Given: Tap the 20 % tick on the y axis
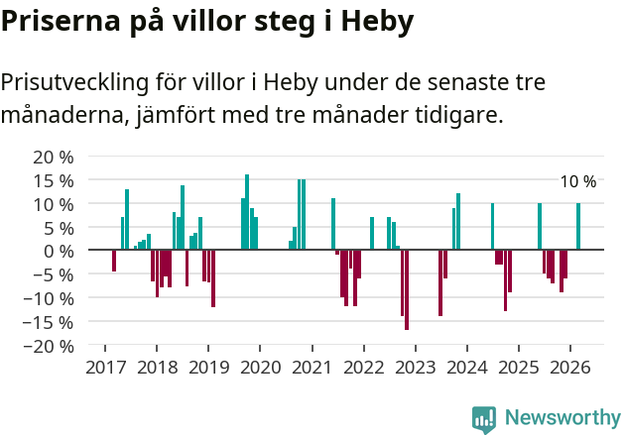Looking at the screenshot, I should coord(54,158).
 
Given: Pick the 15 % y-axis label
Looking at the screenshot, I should coord(54,181).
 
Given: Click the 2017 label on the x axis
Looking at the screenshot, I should coord(104,367).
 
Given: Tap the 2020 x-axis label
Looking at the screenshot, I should coord(260,367).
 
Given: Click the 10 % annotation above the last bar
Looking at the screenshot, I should coord(578,182).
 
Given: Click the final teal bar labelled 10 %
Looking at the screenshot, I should coord(578,227).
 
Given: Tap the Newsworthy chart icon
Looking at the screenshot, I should coord(484,419).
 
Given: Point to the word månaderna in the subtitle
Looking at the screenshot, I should coord(63,116).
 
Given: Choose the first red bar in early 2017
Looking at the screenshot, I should coord(114,261).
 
